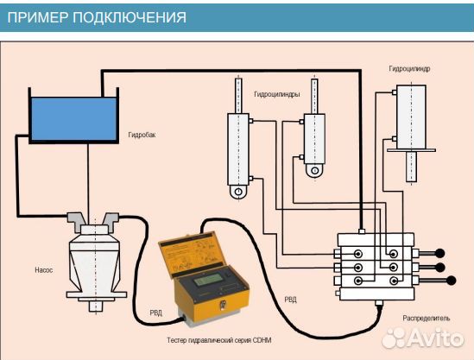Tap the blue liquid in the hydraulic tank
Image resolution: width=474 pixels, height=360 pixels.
[73, 120]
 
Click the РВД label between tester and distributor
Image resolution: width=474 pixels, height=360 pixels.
[291, 300]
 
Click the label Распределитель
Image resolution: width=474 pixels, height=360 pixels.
[427, 318]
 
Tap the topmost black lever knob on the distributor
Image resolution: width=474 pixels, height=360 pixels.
[439, 254]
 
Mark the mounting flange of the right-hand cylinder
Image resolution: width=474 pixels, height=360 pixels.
[411, 152]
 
